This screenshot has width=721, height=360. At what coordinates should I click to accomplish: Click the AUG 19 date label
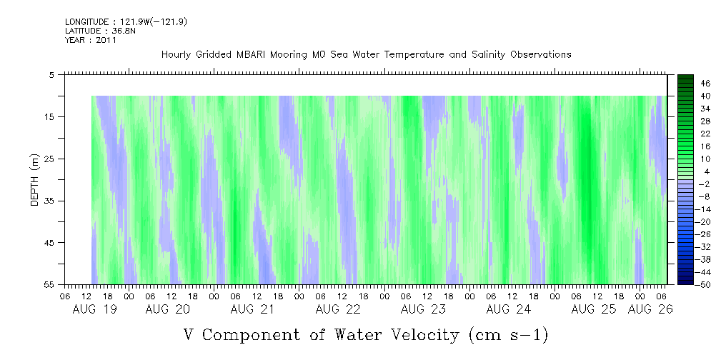95,309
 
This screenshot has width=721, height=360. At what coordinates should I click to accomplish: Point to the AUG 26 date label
650,309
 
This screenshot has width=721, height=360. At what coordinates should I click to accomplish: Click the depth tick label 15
50,116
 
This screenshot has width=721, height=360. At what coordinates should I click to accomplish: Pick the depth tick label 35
50,201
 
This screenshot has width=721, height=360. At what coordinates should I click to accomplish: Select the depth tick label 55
50,284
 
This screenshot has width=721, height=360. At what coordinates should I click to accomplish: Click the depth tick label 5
53,75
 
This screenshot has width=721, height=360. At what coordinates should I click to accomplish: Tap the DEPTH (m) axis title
34,180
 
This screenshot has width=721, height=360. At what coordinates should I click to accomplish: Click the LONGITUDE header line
126,21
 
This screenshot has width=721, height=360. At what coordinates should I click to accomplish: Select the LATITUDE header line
100,31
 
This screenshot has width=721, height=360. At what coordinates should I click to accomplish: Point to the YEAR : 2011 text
91,40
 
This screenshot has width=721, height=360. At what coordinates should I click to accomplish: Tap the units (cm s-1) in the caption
508,335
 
